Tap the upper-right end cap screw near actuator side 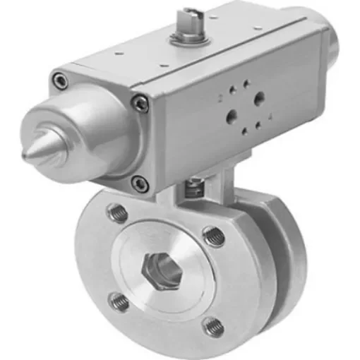point(141,104)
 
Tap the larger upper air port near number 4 point(259,98)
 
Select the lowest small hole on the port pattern point(245,132)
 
